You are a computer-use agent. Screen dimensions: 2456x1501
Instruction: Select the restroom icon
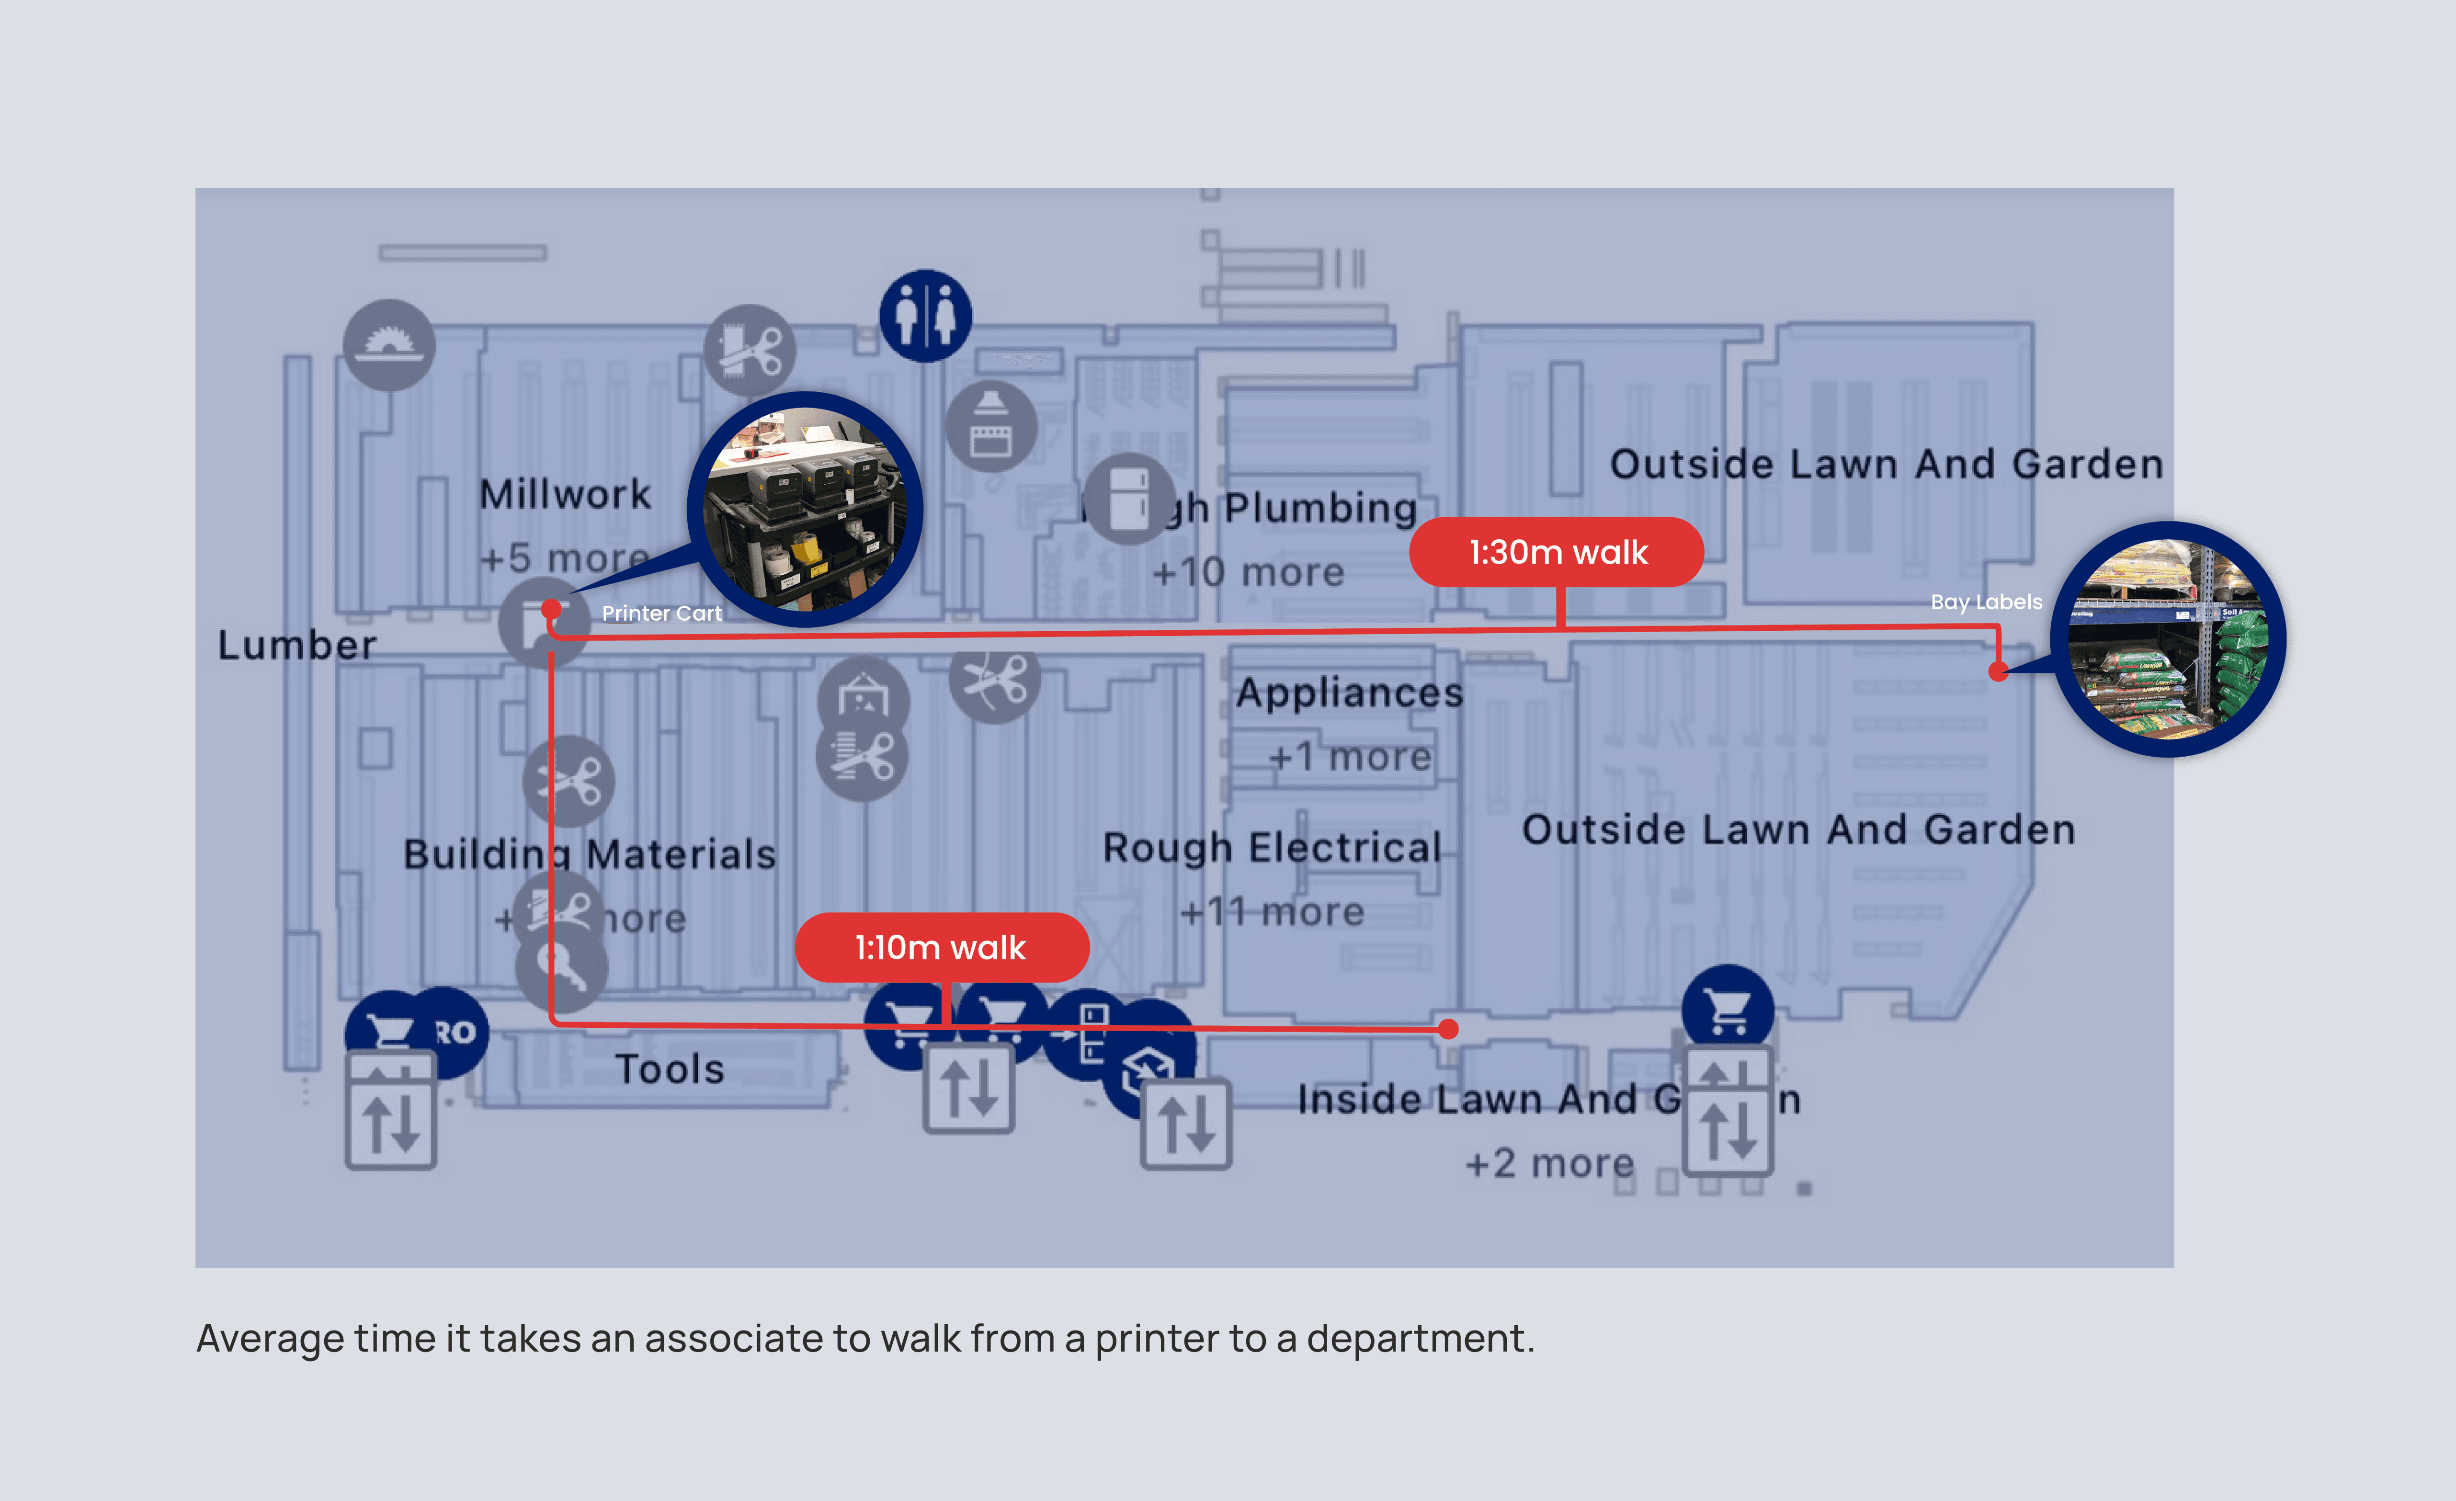click(x=925, y=316)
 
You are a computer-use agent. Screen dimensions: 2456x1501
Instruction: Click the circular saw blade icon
click(x=389, y=345)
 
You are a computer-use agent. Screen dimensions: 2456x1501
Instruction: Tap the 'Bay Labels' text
click(x=1986, y=602)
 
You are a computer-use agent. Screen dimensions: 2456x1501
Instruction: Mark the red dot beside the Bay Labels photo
click(x=1998, y=672)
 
